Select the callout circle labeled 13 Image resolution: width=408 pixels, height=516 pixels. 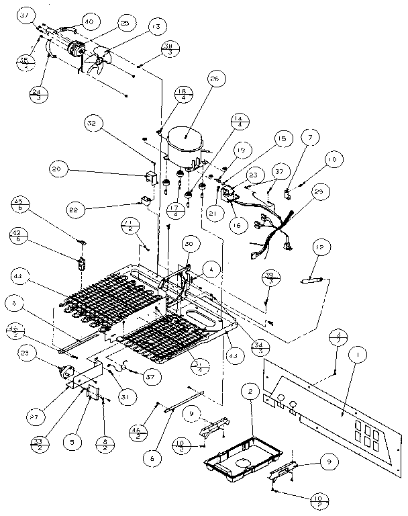tap(156, 27)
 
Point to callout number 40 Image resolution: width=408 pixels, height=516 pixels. tap(88, 22)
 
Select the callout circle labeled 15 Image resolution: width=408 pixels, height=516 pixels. tap(280, 138)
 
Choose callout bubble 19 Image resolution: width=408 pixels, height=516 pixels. tap(242, 152)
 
